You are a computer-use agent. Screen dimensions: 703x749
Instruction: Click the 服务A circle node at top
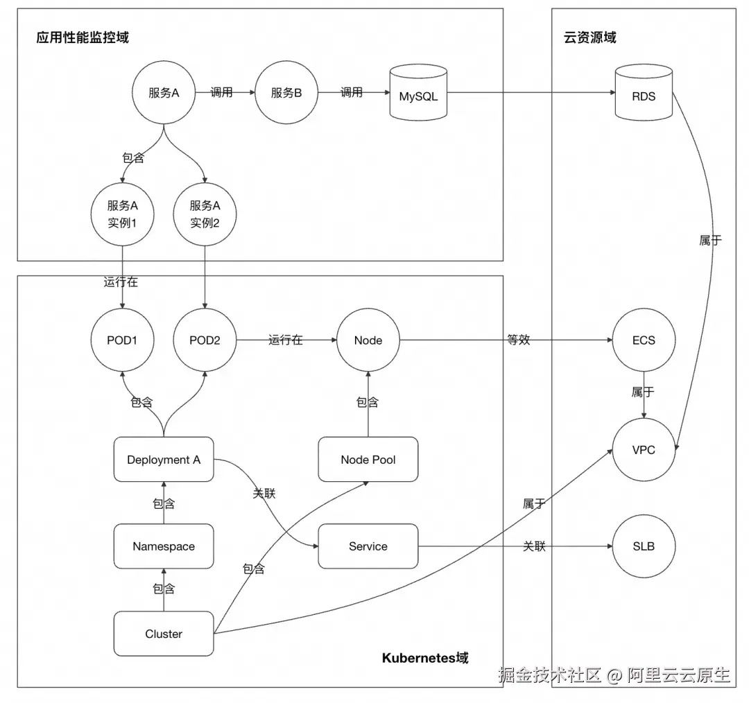pyautogui.click(x=164, y=93)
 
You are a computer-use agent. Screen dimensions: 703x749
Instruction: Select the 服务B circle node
pyautogui.click(x=286, y=93)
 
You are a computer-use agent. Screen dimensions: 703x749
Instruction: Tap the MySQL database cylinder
pyautogui.click(x=418, y=93)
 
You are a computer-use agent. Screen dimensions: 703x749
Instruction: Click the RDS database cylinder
pyautogui.click(x=644, y=93)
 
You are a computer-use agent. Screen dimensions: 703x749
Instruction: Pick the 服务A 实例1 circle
pyautogui.click(x=123, y=214)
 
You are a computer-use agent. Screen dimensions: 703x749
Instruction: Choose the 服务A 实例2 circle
pyautogui.click(x=205, y=214)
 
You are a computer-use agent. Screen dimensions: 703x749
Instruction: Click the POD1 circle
pyautogui.click(x=123, y=340)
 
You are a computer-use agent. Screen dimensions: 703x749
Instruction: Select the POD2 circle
pyautogui.click(x=205, y=340)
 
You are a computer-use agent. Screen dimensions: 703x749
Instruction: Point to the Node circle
pyautogui.click(x=368, y=340)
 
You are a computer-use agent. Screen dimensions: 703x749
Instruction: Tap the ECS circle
pyautogui.click(x=644, y=340)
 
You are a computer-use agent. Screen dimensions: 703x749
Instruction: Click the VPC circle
pyautogui.click(x=644, y=450)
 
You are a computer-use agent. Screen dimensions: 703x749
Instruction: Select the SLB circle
pyautogui.click(x=644, y=546)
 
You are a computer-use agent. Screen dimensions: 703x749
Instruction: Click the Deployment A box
pyautogui.click(x=164, y=460)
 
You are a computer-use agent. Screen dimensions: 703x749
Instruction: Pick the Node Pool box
pyautogui.click(x=368, y=460)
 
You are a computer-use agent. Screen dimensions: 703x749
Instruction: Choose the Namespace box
pyautogui.click(x=164, y=546)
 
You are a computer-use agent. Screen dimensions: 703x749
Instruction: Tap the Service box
pyautogui.click(x=368, y=546)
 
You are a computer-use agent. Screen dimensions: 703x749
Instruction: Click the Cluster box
pyautogui.click(x=164, y=634)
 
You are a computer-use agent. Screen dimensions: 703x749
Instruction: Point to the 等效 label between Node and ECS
pyautogui.click(x=519, y=340)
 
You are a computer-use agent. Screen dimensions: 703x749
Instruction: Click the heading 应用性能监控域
pyautogui.click(x=83, y=37)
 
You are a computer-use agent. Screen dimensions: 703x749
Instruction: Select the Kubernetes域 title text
pyautogui.click(x=425, y=657)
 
